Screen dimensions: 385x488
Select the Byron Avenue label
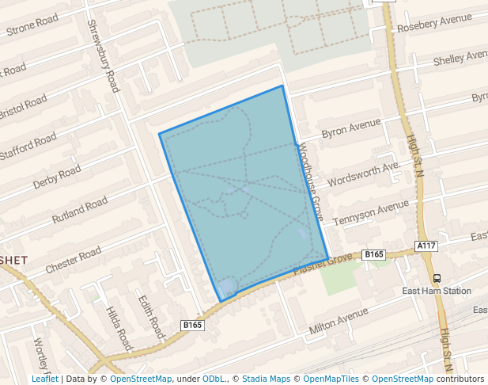point(351,128)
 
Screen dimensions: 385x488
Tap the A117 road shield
point(426,246)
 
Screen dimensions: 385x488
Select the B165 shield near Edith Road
point(193,325)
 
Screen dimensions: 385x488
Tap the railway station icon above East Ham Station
point(437,278)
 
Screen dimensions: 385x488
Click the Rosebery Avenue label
point(433,24)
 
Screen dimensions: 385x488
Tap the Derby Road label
point(56,177)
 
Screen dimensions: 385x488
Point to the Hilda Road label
point(118,329)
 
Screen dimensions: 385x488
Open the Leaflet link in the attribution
point(44,379)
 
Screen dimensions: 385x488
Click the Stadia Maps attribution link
point(266,379)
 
